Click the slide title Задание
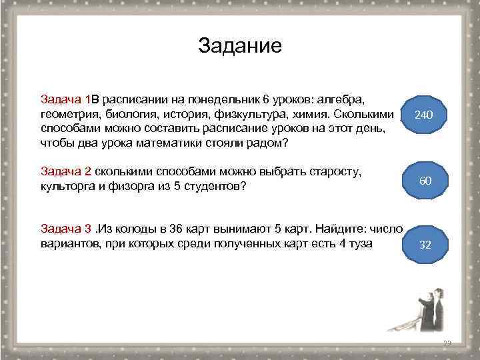coord(240,46)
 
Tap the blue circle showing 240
coord(424,115)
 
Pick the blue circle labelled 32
coord(424,245)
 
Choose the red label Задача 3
coord(66,229)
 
